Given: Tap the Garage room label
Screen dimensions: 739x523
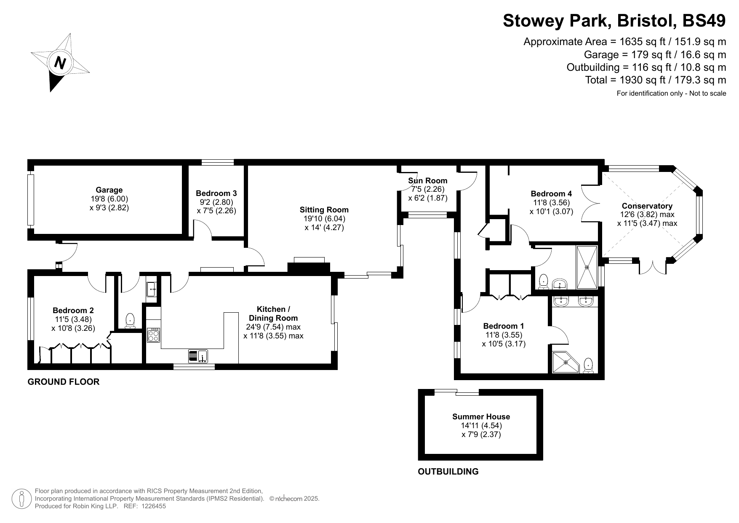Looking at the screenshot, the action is [x=109, y=190].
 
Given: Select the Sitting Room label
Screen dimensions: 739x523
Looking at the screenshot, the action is [x=324, y=209].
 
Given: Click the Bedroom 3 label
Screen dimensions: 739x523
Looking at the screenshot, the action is [x=216, y=193].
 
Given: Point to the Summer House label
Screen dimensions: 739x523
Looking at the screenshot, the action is [x=481, y=417].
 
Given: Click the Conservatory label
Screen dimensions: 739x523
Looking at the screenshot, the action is [x=647, y=206].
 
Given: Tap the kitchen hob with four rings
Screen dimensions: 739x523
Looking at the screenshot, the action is [x=154, y=335].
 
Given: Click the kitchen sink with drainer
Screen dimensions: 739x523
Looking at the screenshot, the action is [x=198, y=356].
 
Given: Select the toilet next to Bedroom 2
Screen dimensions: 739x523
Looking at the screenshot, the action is [x=130, y=321].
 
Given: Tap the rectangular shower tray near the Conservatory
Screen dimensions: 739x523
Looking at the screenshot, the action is [x=587, y=267].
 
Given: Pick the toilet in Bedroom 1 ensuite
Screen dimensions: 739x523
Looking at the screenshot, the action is [x=588, y=366].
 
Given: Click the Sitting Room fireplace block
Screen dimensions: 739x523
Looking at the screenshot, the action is [x=309, y=267].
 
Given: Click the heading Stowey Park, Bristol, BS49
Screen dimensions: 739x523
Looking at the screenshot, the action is [x=614, y=21].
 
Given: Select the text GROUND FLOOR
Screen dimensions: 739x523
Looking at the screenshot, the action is [x=64, y=382].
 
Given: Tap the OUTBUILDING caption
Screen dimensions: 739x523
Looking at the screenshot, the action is [x=448, y=472].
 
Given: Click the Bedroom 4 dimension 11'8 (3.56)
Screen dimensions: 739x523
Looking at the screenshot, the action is [x=551, y=203].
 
